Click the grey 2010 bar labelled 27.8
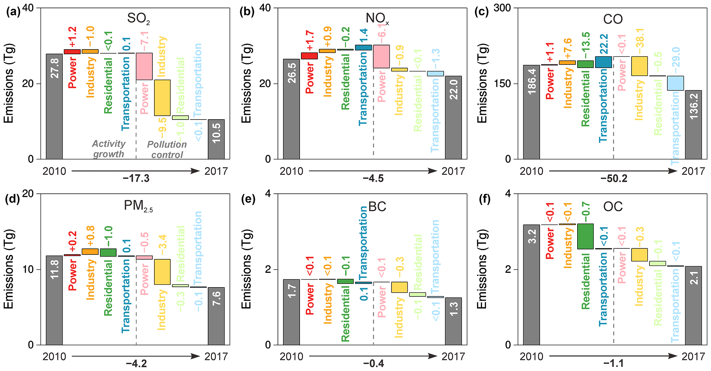(x=54, y=106)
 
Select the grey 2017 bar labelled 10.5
(x=216, y=139)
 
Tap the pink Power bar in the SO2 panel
(x=144, y=66)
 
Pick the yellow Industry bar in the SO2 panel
(x=162, y=98)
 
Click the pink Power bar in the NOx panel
(x=381, y=56)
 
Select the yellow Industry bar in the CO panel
(x=639, y=66)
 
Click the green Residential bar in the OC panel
(x=585, y=236)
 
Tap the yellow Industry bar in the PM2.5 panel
(x=162, y=272)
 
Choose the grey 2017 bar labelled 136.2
(x=693, y=125)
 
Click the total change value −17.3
(x=136, y=179)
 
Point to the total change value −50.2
(x=614, y=179)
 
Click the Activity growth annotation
(x=109, y=149)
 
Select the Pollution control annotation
(x=167, y=149)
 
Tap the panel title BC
(x=377, y=207)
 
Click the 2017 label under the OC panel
(x=693, y=357)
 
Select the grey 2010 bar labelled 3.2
(x=531, y=284)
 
